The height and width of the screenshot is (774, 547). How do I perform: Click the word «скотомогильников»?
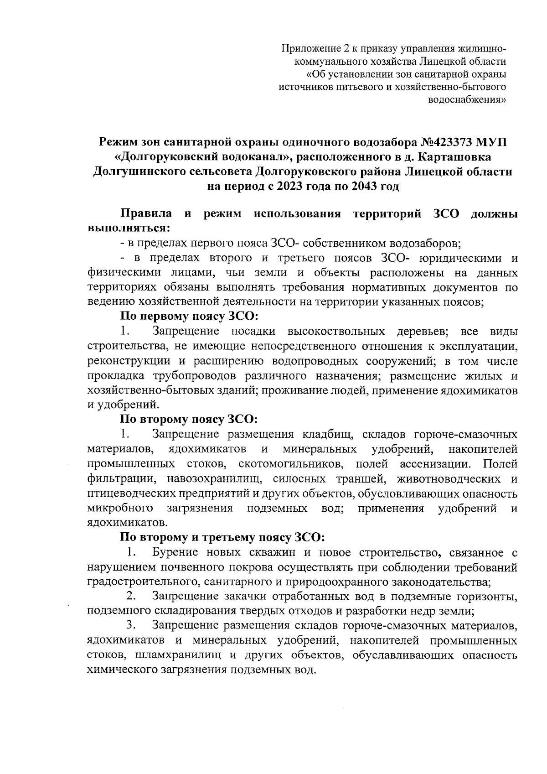293,464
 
